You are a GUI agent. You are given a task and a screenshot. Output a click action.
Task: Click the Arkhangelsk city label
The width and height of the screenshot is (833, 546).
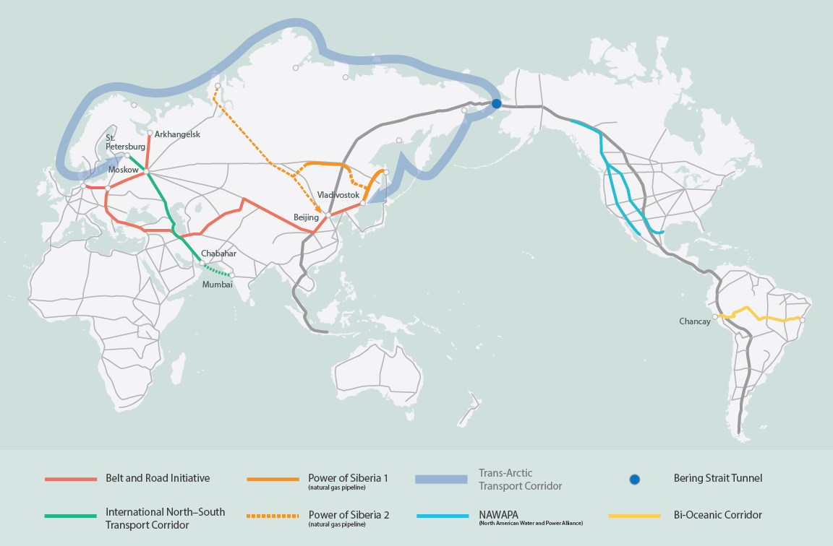point(177,134)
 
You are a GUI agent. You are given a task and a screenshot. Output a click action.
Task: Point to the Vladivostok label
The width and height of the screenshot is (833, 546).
point(338,195)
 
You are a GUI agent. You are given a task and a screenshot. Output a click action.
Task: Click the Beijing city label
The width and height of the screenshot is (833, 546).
point(306,217)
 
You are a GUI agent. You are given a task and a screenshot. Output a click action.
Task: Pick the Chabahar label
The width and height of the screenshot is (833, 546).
point(219,253)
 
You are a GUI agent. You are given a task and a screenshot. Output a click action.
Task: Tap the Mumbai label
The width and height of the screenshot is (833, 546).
point(218,285)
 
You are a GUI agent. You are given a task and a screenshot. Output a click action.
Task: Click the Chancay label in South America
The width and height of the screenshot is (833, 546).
point(694,321)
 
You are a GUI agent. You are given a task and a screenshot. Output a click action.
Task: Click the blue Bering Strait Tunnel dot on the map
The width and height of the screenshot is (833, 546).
point(497,103)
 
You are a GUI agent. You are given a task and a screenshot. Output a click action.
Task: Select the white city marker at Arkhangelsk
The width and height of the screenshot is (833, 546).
point(150,133)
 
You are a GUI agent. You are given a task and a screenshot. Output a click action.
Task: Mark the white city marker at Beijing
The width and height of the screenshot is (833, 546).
point(328,215)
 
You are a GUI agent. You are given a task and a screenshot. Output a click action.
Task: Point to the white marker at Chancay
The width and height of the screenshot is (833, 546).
point(714,316)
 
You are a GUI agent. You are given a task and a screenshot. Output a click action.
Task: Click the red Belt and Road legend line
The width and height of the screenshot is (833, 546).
point(70,479)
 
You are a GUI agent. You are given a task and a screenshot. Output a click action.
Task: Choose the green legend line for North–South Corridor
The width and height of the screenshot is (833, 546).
point(70,516)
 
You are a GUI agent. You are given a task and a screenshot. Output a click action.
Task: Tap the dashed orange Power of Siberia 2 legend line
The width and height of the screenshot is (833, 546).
point(273,516)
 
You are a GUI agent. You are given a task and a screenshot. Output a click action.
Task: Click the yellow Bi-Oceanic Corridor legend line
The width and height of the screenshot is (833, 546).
point(634,516)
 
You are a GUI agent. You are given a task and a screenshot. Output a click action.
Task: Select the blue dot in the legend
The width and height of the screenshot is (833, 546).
point(634,479)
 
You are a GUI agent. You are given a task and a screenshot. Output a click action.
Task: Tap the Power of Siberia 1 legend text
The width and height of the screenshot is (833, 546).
point(348,478)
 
